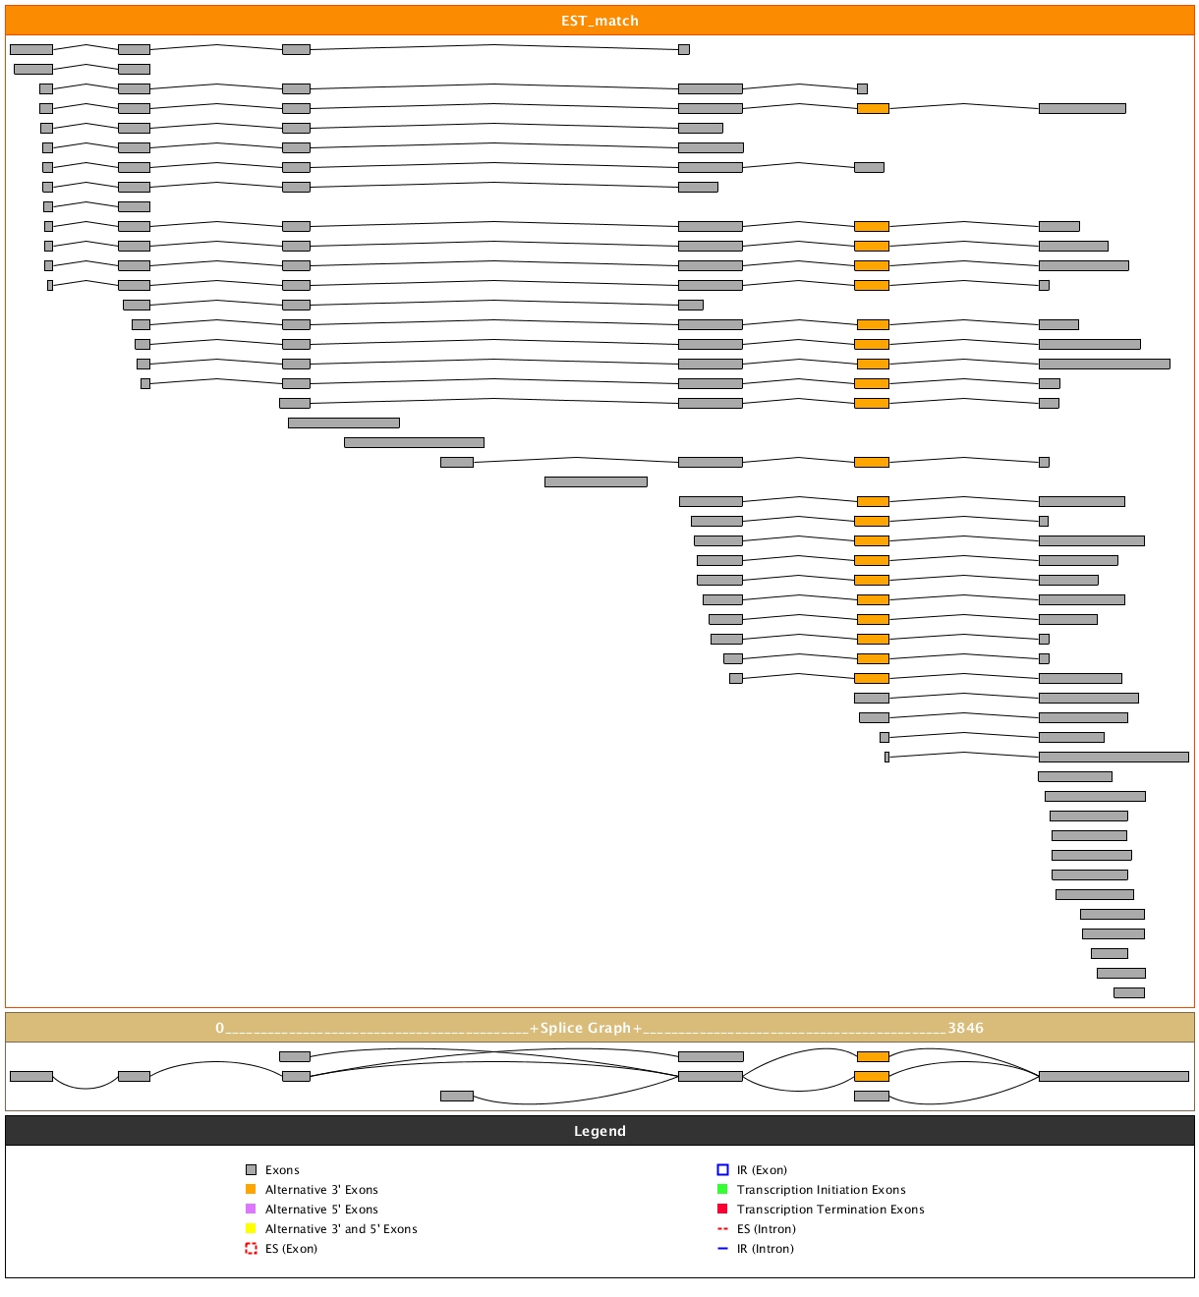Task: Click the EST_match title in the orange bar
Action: [x=599, y=21]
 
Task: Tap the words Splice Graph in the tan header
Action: [x=586, y=1028]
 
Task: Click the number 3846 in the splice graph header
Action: [x=965, y=1028]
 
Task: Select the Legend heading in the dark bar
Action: [x=599, y=1131]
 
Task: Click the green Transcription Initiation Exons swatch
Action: [x=722, y=1189]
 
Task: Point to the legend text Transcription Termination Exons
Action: [x=830, y=1210]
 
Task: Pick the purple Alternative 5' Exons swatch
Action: [x=251, y=1209]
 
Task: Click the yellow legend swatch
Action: [x=251, y=1228]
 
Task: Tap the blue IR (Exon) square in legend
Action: [x=722, y=1169]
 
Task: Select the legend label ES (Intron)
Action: [x=767, y=1229]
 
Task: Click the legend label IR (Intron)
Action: [x=766, y=1249]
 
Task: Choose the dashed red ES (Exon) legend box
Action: [x=251, y=1249]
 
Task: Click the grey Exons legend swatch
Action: [x=251, y=1169]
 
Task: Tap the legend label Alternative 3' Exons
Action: [x=321, y=1190]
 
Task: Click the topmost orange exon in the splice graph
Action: [x=873, y=1056]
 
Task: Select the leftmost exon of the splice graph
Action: [x=31, y=1076]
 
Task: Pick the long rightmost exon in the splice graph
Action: [x=1113, y=1076]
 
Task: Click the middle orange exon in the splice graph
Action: [x=872, y=1076]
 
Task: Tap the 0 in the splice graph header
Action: [x=220, y=1028]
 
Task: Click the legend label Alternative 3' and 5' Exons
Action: [x=341, y=1229]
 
